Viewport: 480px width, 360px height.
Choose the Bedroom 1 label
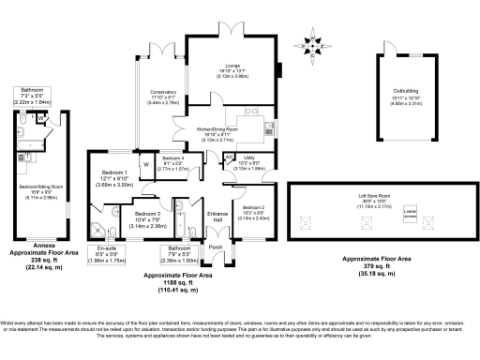tap(113, 172)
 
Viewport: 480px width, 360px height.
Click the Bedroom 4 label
tap(175, 161)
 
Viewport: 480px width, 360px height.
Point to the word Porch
tap(216, 247)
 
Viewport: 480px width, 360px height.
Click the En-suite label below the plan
tap(110, 248)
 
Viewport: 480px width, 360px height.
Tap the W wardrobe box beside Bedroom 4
tap(146, 165)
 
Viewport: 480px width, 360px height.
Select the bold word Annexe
tap(39, 247)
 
